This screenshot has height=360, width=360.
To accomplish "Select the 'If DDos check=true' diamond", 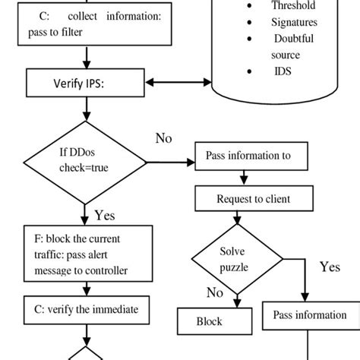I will (85, 162).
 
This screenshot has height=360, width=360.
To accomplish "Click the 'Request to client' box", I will (243, 200).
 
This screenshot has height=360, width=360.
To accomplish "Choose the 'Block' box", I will (209, 321).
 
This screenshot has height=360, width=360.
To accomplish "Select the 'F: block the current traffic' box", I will (85, 254).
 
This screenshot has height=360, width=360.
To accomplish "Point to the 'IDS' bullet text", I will (282, 71).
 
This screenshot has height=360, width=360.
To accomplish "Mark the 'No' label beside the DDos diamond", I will (163, 138).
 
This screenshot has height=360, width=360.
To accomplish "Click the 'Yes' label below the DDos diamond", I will (105, 215).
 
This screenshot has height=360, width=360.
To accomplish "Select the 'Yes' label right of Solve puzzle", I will (330, 267).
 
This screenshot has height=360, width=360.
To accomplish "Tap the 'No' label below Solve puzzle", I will (215, 293).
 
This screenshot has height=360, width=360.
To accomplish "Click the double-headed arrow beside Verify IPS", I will (178, 82).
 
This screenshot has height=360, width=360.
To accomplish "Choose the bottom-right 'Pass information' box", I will (310, 315).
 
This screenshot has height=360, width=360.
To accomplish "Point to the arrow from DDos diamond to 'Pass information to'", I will (171, 162).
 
